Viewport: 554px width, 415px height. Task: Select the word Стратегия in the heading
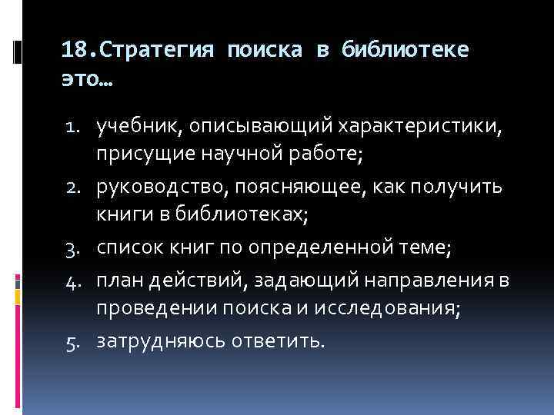tap(158, 51)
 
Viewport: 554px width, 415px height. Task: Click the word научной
tap(268, 154)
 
